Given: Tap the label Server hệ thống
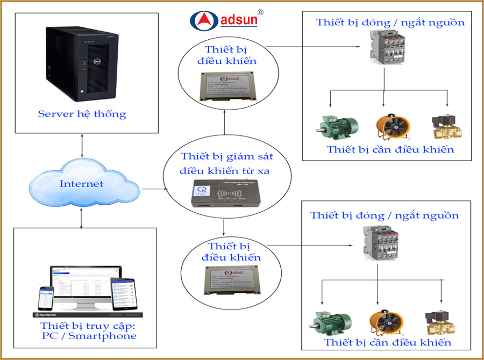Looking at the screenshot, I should (x=82, y=114).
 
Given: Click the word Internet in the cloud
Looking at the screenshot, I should (x=81, y=184).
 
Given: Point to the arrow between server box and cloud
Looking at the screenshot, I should (x=81, y=145).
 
